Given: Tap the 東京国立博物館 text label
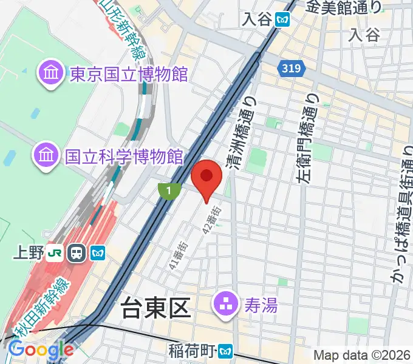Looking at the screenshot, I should click(x=129, y=75).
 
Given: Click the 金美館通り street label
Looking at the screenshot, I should click(x=344, y=7).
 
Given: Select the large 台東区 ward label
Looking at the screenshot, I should click(x=157, y=309).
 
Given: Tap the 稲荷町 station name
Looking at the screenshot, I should click(x=193, y=351).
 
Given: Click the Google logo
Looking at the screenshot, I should click(x=40, y=349).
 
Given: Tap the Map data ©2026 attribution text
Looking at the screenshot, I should click(x=362, y=356).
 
